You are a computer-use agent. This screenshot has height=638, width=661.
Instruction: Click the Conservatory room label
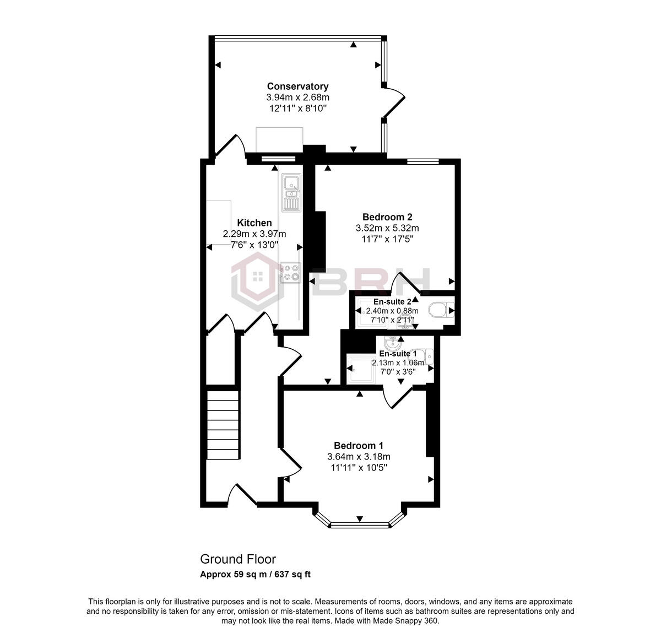point(297,86)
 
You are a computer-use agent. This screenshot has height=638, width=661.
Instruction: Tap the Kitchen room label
point(254,223)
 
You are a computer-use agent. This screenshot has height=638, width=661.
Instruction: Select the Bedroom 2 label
point(387,217)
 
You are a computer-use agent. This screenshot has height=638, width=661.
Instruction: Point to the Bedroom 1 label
point(359,445)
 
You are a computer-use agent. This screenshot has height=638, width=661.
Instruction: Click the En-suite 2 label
point(392,302)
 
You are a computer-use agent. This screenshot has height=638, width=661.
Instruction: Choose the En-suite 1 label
point(394,354)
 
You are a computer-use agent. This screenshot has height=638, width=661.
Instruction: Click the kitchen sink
point(290,192)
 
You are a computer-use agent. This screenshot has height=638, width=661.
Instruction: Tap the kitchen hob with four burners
point(290,272)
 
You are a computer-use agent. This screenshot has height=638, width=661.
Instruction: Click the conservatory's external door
point(394,101)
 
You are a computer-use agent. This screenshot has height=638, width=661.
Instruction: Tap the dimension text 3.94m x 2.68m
point(297,97)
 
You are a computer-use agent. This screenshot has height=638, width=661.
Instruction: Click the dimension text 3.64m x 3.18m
point(359,456)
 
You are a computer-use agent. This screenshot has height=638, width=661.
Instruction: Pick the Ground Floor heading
point(237,559)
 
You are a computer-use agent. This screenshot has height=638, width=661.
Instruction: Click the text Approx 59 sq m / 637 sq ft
point(255,575)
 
